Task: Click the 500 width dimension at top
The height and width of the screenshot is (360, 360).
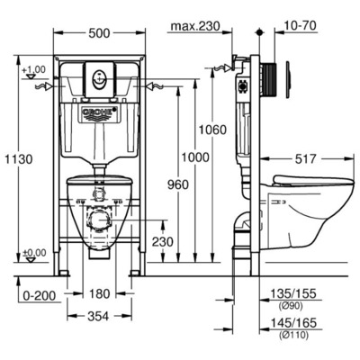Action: [100, 33]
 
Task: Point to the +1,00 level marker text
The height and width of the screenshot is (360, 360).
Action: [33, 69]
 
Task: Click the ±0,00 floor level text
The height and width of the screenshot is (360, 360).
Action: [33, 252]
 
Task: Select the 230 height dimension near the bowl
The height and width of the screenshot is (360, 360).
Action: [162, 241]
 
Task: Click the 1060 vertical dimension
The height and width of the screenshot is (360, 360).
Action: [213, 130]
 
